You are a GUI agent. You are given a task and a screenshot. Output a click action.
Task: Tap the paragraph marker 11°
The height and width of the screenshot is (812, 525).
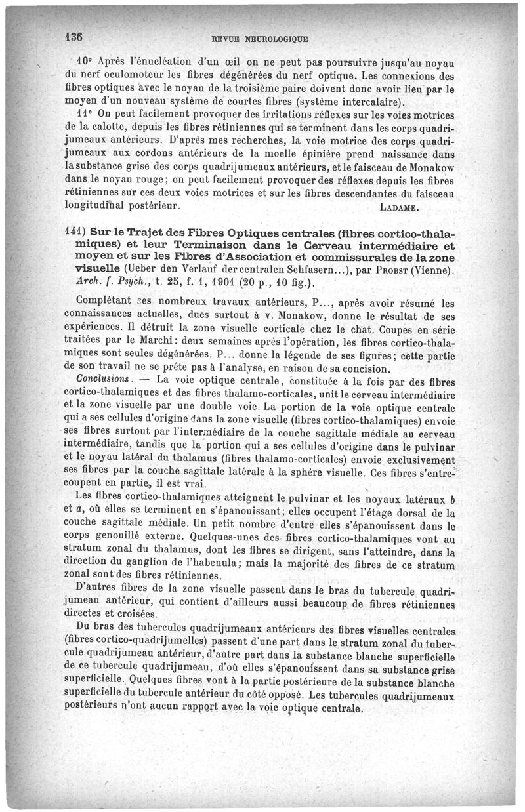84,111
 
